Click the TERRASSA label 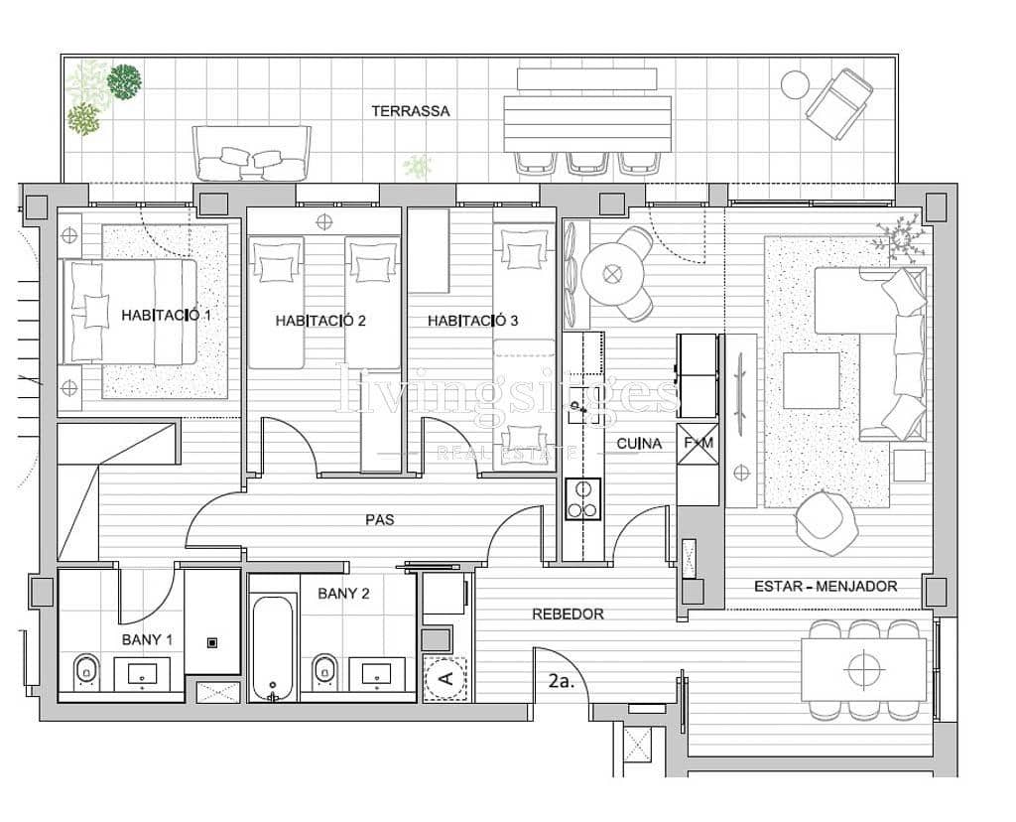[411, 111]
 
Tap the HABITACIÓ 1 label [167, 315]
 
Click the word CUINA [639, 443]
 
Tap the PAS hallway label [380, 519]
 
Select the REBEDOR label [568, 614]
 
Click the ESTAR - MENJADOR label [825, 586]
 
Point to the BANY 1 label [147, 639]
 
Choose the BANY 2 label [343, 594]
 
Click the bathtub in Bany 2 [274, 647]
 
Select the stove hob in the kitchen [582, 499]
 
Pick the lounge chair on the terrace [839, 100]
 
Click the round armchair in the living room [826, 522]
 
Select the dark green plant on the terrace [124, 81]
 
